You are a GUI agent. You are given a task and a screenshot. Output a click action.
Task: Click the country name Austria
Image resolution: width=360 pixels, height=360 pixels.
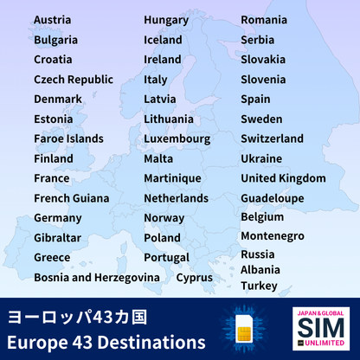point(53,20)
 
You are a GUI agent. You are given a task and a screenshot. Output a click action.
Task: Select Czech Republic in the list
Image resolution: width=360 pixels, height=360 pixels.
point(74,80)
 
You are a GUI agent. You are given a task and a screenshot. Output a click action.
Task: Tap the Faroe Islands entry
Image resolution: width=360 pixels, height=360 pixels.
point(68,139)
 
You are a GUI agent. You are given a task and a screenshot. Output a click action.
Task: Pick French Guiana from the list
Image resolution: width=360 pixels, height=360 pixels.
point(72,198)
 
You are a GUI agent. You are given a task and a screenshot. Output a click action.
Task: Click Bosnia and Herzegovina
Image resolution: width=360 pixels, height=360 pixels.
point(97,278)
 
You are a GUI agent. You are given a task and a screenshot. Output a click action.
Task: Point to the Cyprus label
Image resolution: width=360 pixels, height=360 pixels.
point(194,278)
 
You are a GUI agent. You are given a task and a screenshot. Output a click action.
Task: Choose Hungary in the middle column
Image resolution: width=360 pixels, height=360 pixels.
point(166,20)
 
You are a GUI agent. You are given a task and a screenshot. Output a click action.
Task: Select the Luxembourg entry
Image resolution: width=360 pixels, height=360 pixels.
point(177,139)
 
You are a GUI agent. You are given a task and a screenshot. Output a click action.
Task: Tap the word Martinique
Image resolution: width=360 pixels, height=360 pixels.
point(172,178)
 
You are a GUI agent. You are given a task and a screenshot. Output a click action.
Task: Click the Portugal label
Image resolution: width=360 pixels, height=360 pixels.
point(167,258)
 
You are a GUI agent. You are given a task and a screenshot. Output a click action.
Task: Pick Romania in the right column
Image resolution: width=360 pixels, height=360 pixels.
point(264,20)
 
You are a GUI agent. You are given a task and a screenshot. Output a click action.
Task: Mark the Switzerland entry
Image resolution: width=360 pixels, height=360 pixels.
point(272,139)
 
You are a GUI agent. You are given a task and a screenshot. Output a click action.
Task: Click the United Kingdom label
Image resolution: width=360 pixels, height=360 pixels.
point(283,179)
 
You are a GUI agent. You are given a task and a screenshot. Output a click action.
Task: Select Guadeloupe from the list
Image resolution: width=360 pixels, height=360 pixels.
point(273,198)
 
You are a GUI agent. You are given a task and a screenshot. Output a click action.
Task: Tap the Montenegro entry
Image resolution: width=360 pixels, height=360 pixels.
point(272,236)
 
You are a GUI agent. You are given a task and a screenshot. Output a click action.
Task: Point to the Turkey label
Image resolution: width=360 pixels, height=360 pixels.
point(259,286)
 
